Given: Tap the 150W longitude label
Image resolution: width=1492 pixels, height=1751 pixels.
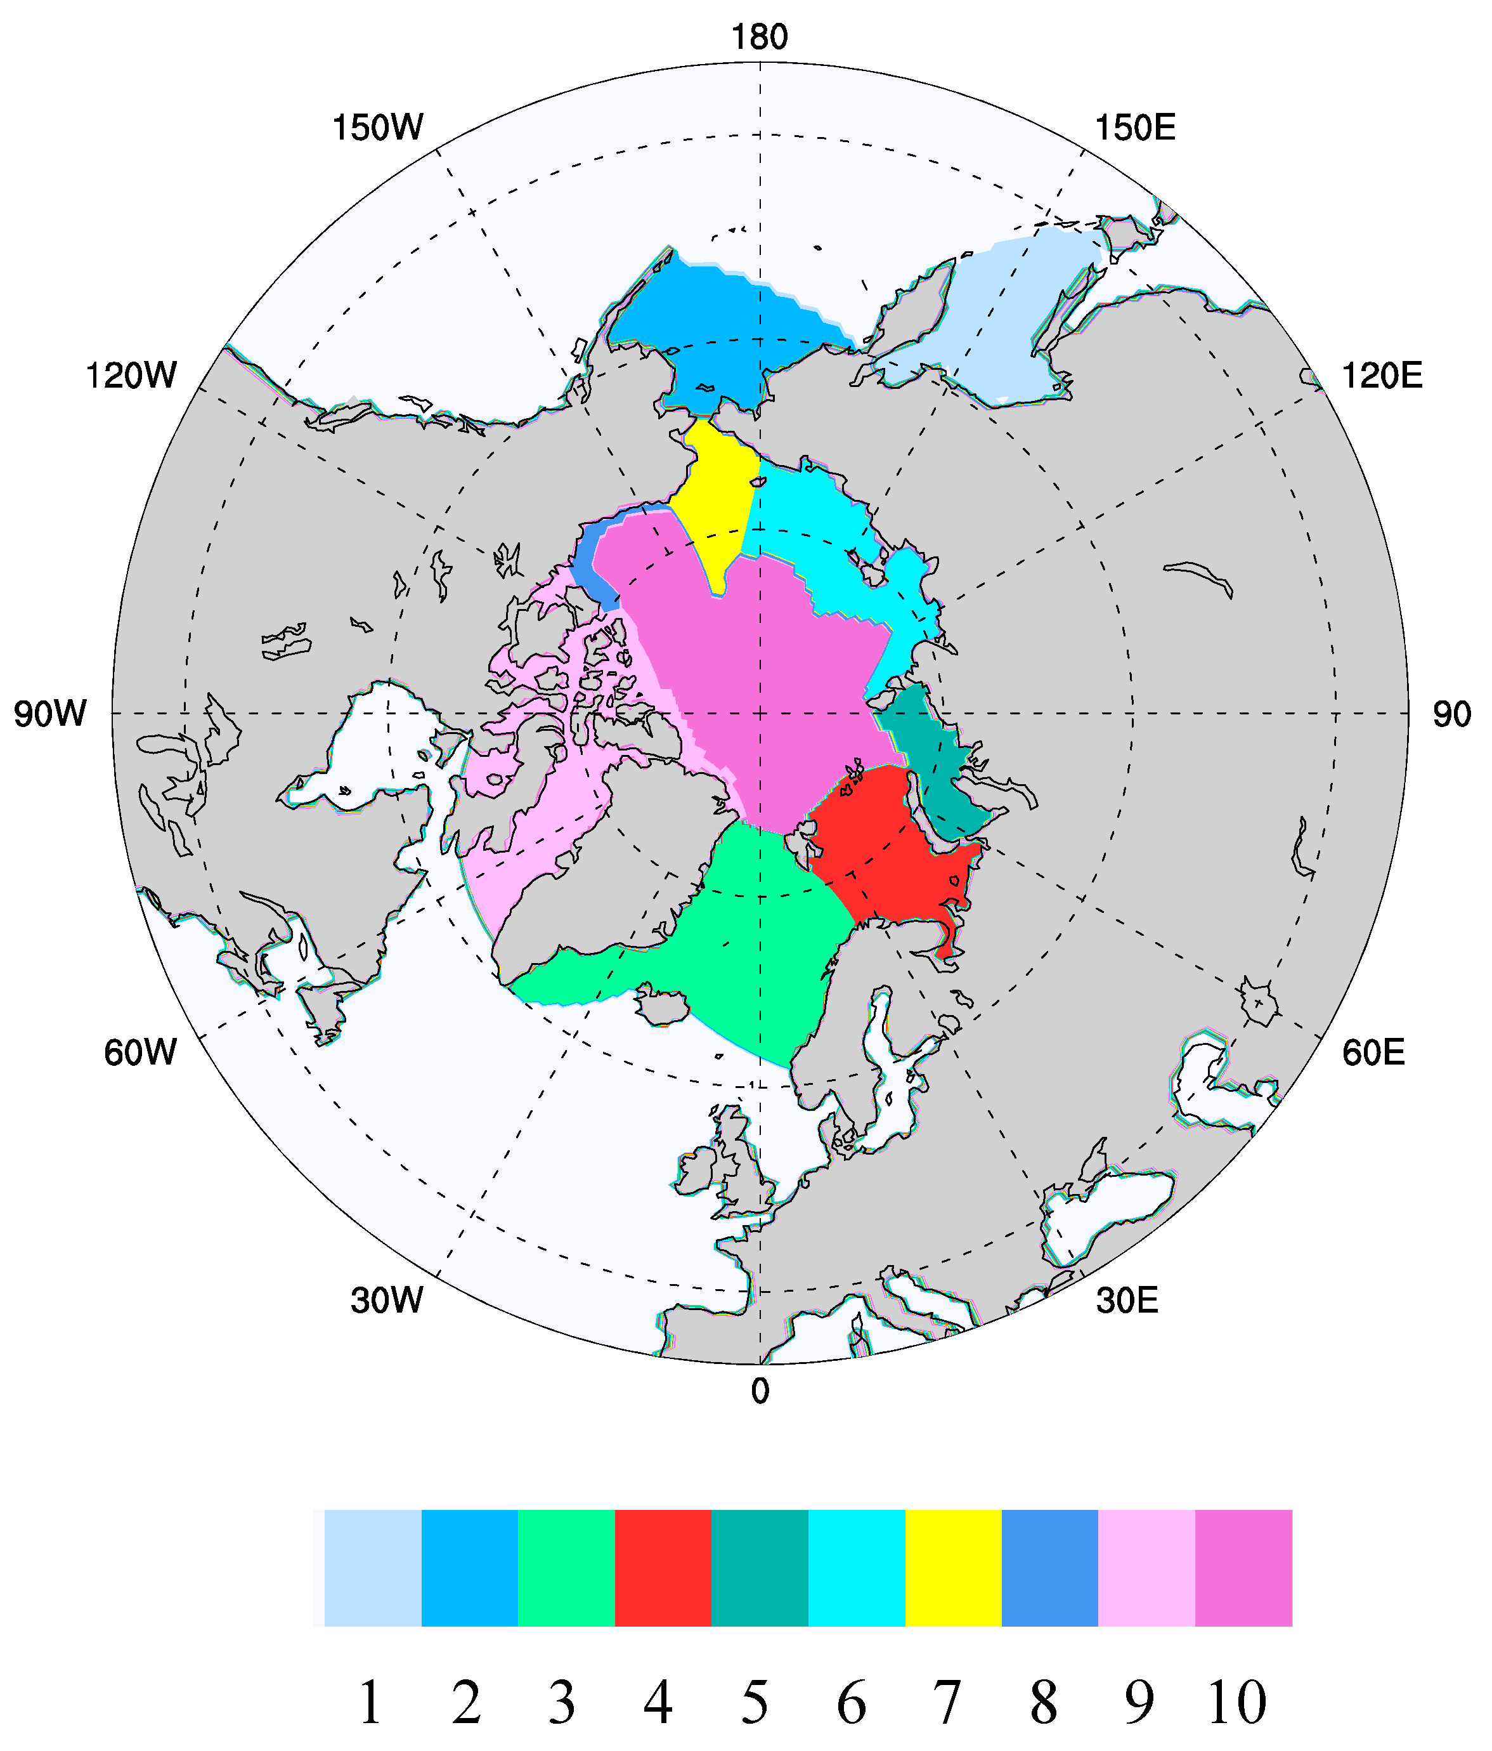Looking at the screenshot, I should pos(378,128).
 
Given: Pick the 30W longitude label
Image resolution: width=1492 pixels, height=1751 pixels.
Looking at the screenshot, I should pos(387,1301).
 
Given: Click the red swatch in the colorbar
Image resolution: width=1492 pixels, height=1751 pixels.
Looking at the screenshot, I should pos(663,1568).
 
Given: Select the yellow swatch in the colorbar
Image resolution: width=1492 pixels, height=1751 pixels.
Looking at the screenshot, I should pos(953,1568).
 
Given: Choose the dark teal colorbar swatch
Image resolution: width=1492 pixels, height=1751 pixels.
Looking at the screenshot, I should pos(760,1568).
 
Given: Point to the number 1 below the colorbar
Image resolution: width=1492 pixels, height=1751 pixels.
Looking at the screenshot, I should pos(370,1702).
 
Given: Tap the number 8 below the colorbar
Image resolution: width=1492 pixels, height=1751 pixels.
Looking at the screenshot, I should pos(1044,1702).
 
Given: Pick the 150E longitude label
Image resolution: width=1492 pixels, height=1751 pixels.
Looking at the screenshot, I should pos(1134,128).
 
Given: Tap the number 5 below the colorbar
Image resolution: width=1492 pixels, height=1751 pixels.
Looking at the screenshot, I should pos(755,1702).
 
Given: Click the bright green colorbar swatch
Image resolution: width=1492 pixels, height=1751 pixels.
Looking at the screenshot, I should pos(566,1568).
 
